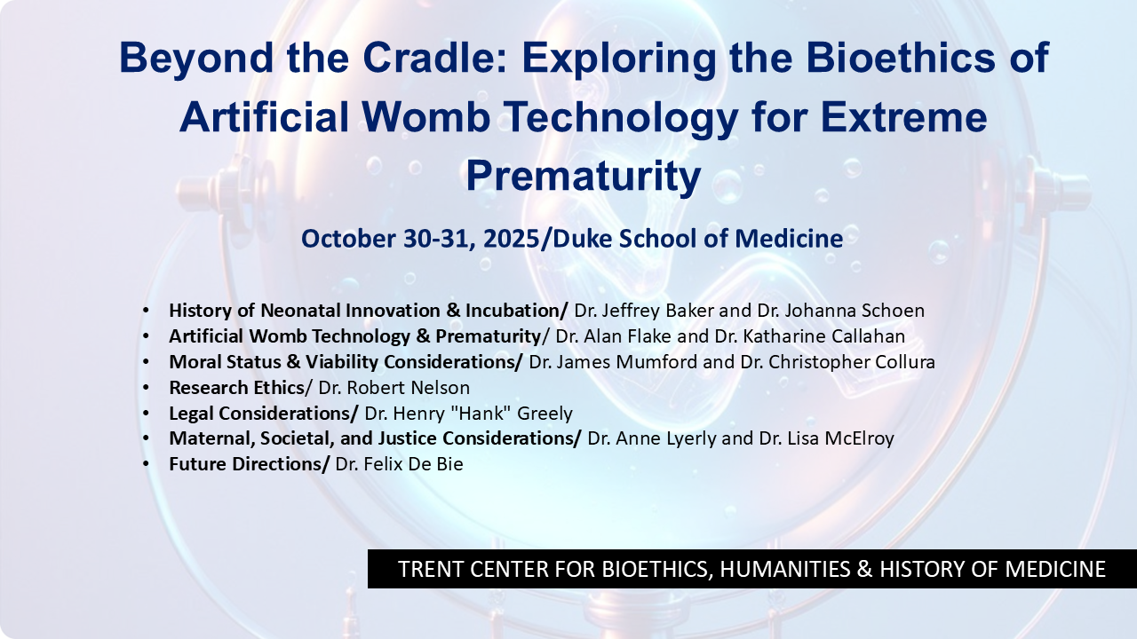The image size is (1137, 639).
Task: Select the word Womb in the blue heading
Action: click(425, 117)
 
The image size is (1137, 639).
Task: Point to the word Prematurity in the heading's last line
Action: click(584, 176)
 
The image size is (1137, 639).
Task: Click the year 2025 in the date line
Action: click(511, 239)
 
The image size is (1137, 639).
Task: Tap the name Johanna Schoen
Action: click(855, 311)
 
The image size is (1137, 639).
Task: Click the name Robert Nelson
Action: click(408, 388)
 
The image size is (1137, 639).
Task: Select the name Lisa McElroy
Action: click(840, 438)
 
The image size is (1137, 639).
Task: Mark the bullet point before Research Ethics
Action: click(147, 388)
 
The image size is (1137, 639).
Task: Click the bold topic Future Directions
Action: click(250, 464)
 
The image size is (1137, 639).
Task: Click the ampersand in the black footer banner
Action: click(864, 569)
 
